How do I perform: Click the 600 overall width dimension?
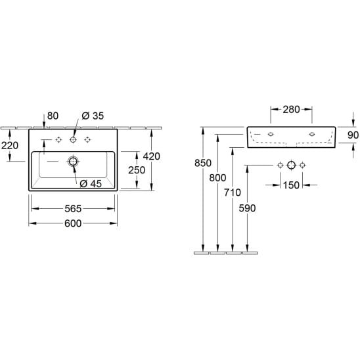tap(73, 223)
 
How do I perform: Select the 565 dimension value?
tap(73, 209)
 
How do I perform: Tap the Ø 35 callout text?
tap(93, 116)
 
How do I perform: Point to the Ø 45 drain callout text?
tap(91, 184)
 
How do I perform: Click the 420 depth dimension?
tap(152, 156)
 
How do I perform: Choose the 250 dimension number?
tap(137, 170)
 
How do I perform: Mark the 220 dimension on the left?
tap(10, 145)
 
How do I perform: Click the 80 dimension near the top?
tap(53, 116)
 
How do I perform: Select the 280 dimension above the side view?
tap(291, 110)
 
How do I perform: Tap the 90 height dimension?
tap(353, 135)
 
